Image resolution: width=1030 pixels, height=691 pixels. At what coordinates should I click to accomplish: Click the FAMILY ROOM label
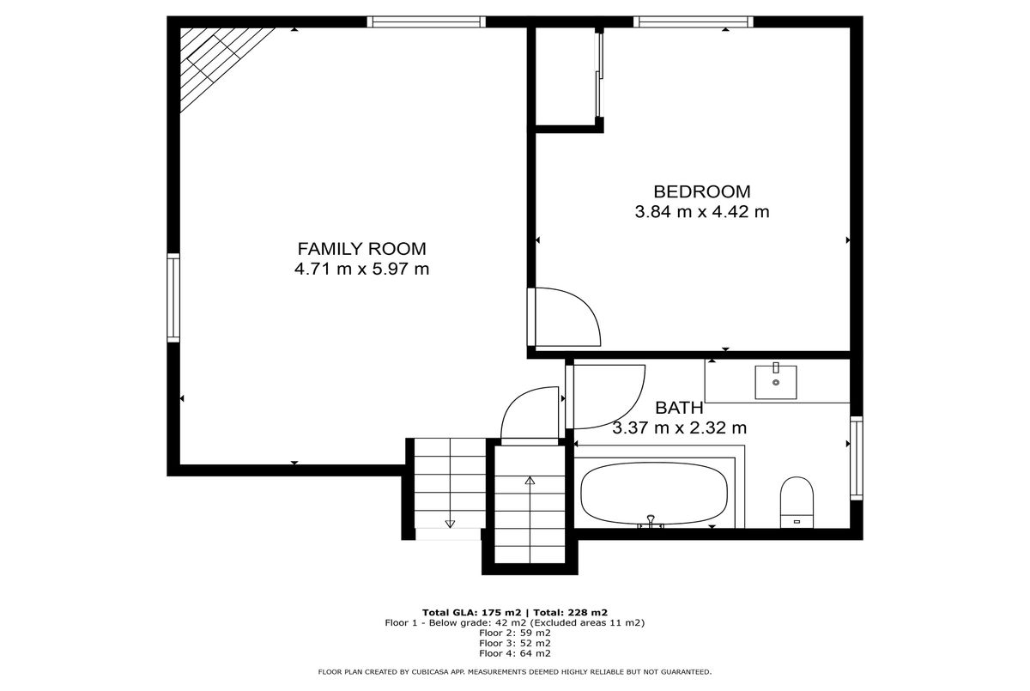pyautogui.click(x=362, y=249)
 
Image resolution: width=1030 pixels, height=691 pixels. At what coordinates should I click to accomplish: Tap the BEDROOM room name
pyautogui.click(x=702, y=191)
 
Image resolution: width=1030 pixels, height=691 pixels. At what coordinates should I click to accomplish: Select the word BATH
pyautogui.click(x=679, y=408)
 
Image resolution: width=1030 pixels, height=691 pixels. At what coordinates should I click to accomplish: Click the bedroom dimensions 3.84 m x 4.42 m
pyautogui.click(x=702, y=212)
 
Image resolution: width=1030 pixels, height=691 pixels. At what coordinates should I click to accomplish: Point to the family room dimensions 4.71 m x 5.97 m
pyautogui.click(x=362, y=269)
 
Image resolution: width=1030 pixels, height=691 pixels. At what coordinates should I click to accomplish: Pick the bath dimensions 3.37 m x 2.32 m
pyautogui.click(x=679, y=428)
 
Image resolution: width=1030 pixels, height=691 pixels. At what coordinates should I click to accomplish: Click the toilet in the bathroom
pyautogui.click(x=797, y=502)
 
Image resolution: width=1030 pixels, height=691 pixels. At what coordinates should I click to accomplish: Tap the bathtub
pyautogui.click(x=654, y=494)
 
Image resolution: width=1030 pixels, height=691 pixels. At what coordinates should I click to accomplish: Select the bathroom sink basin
pyautogui.click(x=776, y=382)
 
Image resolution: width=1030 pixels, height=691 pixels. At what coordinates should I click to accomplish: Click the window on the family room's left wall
pyautogui.click(x=173, y=298)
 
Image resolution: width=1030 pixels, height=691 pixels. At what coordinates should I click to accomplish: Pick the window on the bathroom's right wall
pyautogui.click(x=857, y=458)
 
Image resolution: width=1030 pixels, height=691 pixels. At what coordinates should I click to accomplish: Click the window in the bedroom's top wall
pyautogui.click(x=693, y=21)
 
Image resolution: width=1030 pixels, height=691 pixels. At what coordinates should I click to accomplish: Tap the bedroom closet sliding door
pyautogui.click(x=599, y=75)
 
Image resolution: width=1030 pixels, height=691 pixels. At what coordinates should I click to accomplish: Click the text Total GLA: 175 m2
pyautogui.click(x=472, y=612)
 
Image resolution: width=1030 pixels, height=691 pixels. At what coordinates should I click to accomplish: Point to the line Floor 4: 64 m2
pyautogui.click(x=514, y=653)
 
